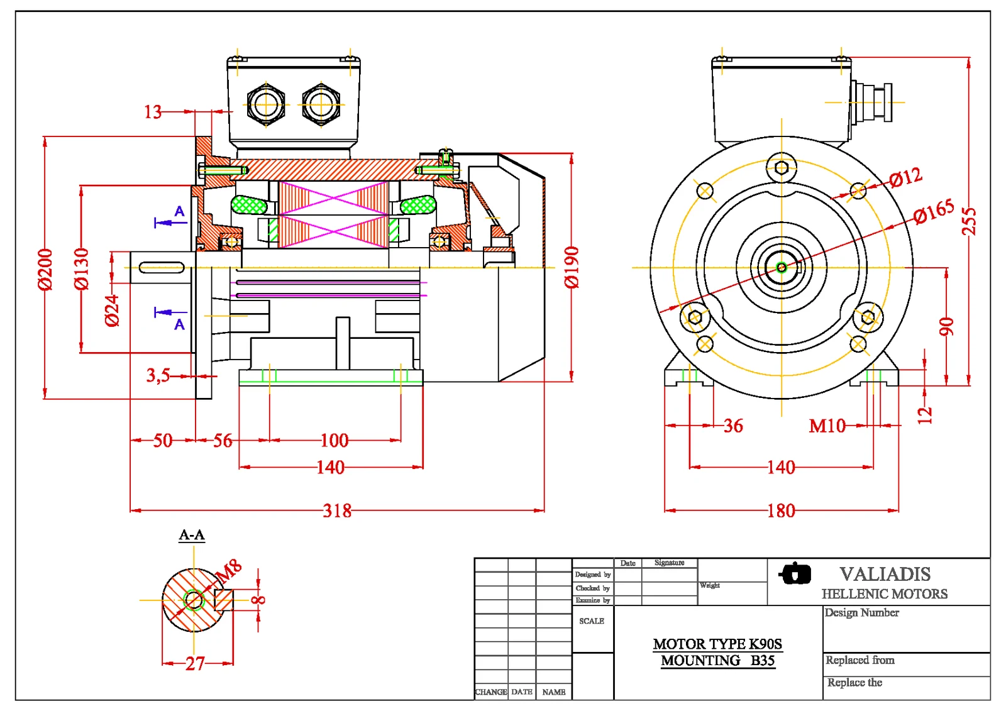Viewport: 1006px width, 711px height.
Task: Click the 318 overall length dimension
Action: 337,510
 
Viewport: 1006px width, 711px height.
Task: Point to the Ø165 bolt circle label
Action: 934,211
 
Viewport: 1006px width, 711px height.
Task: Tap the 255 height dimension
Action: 969,221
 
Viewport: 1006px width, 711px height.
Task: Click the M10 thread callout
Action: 827,426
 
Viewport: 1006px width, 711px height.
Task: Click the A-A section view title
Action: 192,535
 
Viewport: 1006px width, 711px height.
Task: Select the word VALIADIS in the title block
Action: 885,574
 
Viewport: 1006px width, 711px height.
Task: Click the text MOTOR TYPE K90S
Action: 717,644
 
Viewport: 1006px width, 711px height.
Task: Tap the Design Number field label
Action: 861,612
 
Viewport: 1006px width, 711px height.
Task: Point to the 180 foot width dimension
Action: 781,510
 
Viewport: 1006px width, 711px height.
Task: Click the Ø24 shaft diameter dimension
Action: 112,311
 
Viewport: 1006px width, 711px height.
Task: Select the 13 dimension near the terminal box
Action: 153,112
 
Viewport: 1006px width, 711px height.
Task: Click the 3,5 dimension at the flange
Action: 158,376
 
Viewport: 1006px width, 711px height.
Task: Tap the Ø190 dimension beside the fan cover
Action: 571,267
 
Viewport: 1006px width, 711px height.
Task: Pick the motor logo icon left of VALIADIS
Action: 795,573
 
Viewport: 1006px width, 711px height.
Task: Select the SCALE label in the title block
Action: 592,621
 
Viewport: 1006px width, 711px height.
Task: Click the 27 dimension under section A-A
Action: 196,663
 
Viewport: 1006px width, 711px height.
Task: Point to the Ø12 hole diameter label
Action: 906,178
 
